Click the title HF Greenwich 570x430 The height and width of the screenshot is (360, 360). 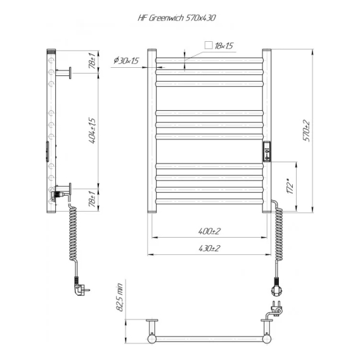click(x=177, y=18)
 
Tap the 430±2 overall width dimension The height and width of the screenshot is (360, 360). click(x=209, y=248)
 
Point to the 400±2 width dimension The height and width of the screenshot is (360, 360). click(x=209, y=231)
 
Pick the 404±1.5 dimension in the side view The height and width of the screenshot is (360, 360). click(x=93, y=131)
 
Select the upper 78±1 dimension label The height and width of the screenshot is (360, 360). click(x=93, y=61)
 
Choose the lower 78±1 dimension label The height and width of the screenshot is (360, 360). click(x=93, y=199)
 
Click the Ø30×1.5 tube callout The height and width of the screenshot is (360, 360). click(x=127, y=61)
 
